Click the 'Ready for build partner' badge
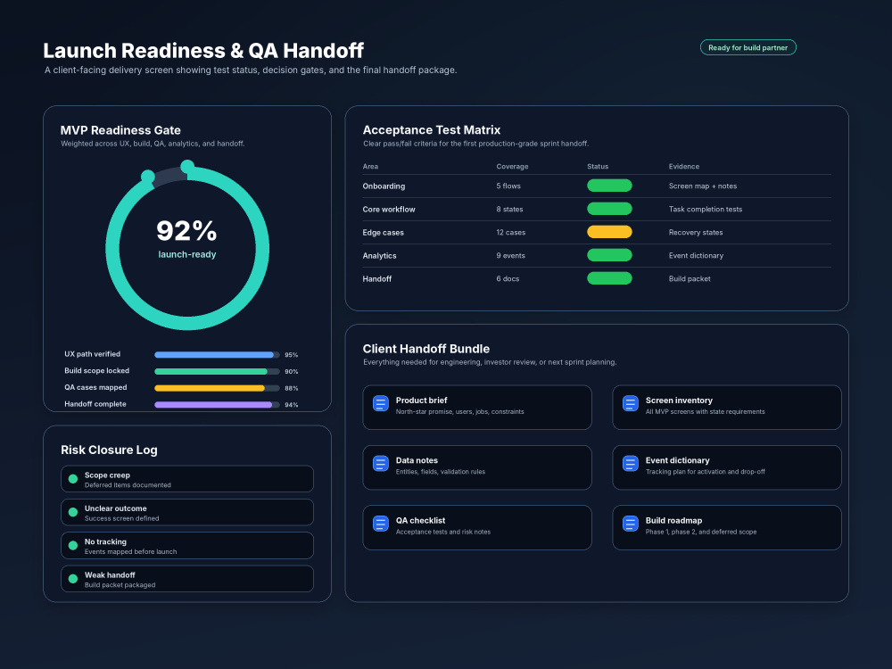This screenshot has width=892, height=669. click(747, 48)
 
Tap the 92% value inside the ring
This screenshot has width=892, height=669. click(186, 231)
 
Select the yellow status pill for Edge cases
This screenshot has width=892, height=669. click(609, 232)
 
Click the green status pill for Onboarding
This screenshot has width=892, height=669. click(609, 186)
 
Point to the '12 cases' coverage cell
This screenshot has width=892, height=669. click(510, 233)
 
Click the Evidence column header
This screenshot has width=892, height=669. click(684, 167)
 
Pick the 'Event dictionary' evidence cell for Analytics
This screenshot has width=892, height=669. click(696, 256)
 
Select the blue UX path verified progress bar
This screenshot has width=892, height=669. click(214, 355)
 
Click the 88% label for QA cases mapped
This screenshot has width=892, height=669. click(292, 389)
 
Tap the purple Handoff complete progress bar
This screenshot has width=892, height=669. click(213, 405)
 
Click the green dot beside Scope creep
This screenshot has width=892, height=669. click(73, 479)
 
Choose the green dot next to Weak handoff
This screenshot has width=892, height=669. click(73, 579)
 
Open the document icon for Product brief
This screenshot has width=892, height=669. click(381, 403)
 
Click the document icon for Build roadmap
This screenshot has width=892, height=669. click(631, 524)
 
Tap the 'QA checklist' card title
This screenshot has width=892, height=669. click(420, 521)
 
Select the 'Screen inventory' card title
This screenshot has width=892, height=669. click(679, 401)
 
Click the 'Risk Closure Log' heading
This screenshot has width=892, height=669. click(109, 450)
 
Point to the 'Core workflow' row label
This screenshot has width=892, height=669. click(389, 210)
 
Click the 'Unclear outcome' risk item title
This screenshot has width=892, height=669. click(115, 508)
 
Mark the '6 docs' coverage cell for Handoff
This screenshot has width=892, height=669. click(508, 278)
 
